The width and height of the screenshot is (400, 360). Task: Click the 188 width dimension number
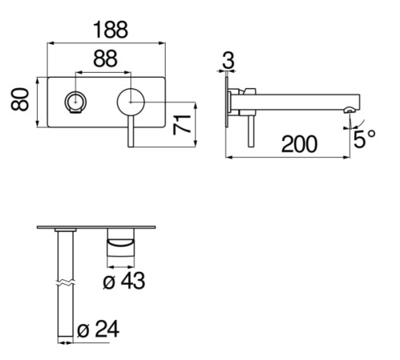click(110, 30)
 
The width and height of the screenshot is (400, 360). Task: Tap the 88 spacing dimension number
click(106, 58)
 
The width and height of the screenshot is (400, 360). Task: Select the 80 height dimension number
click(20, 99)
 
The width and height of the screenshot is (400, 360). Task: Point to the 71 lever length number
click(182, 125)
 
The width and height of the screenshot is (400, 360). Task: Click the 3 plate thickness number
click(228, 60)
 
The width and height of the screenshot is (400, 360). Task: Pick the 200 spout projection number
click(299, 144)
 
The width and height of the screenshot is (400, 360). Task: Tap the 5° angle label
click(364, 138)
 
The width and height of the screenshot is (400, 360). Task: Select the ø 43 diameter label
click(124, 281)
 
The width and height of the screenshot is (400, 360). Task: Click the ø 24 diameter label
click(98, 329)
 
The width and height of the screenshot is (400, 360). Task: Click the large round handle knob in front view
click(130, 102)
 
